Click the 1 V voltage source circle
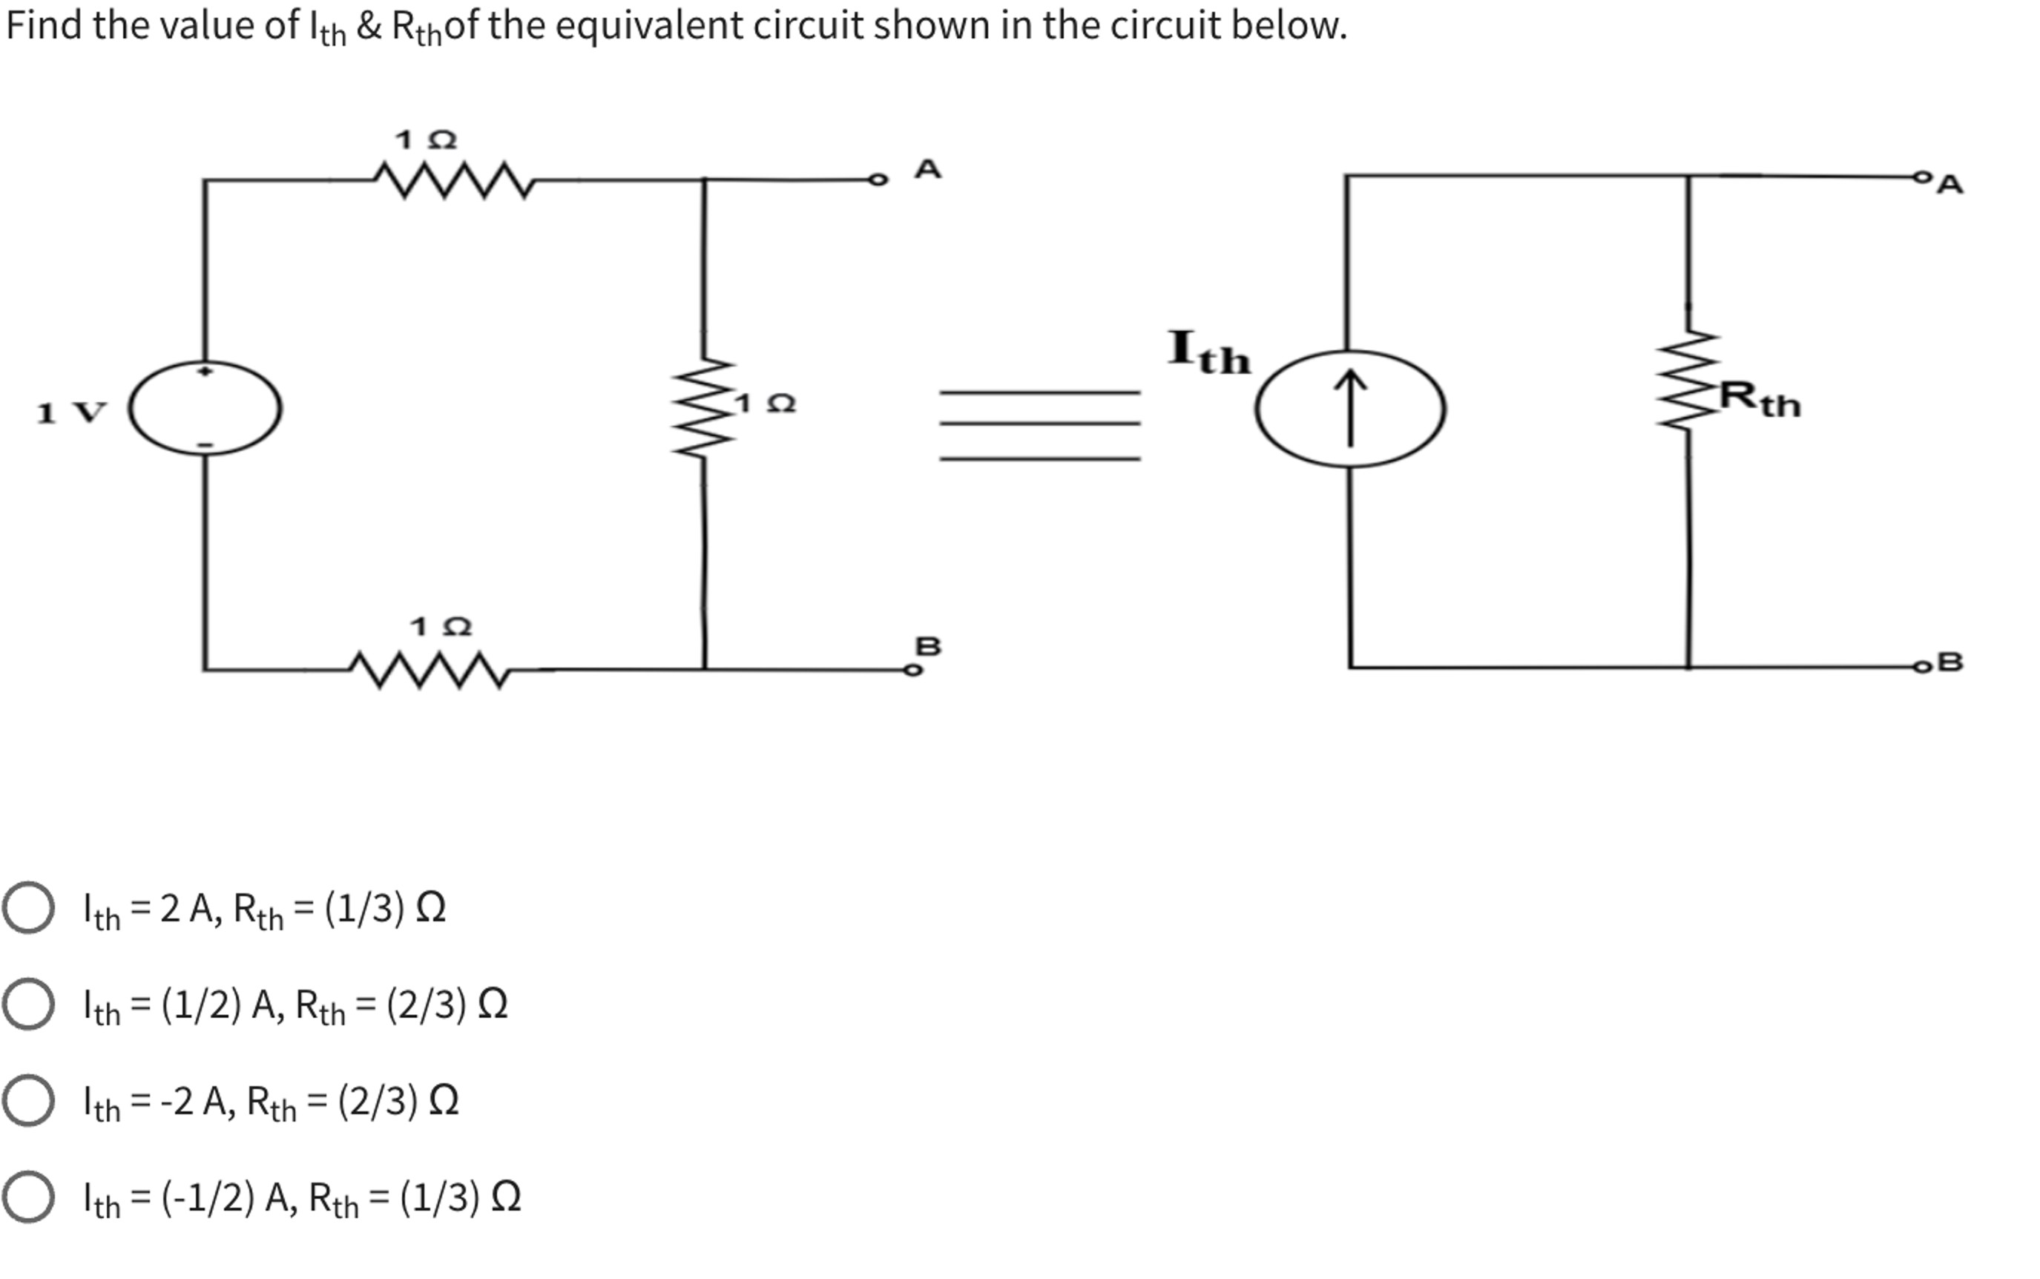click(205, 409)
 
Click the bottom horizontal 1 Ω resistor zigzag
click(430, 670)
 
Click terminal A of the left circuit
click(879, 180)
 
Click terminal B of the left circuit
click(912, 671)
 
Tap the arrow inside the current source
click(1350, 408)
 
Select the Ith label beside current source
click(1208, 354)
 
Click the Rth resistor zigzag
click(1689, 381)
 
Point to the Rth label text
click(1761, 399)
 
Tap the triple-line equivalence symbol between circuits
click(1039, 426)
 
